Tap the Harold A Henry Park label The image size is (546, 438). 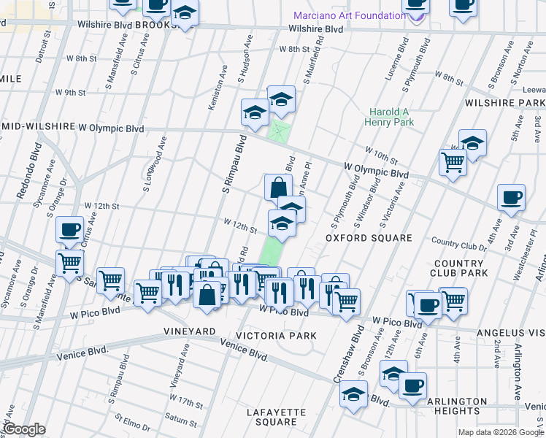click(391, 117)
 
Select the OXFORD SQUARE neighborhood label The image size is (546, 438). click(358, 238)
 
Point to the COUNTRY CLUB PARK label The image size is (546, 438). click(480, 268)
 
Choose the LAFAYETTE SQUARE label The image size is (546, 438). click(272, 417)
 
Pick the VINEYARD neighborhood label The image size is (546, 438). click(188, 331)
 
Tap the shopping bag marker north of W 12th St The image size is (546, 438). click(277, 187)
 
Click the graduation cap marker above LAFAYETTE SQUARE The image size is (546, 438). click(354, 396)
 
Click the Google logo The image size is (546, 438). click(24, 429)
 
